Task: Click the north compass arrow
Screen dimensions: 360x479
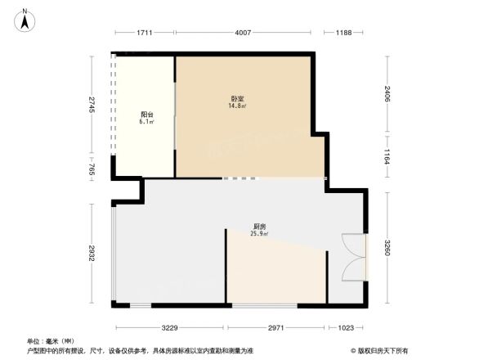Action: [x=25, y=21]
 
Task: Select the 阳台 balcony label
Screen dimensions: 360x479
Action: [x=145, y=115]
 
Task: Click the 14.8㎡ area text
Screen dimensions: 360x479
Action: [x=238, y=106]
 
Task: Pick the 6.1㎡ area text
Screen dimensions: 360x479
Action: [x=146, y=122]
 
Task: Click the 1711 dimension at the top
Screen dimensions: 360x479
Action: [x=145, y=33]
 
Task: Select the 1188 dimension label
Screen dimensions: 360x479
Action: [x=343, y=33]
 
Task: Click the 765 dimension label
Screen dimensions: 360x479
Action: [x=92, y=170]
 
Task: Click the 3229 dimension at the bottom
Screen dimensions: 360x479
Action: [x=169, y=327]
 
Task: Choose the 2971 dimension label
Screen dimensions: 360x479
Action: [x=275, y=327]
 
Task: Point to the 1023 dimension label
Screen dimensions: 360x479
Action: [x=346, y=327]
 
